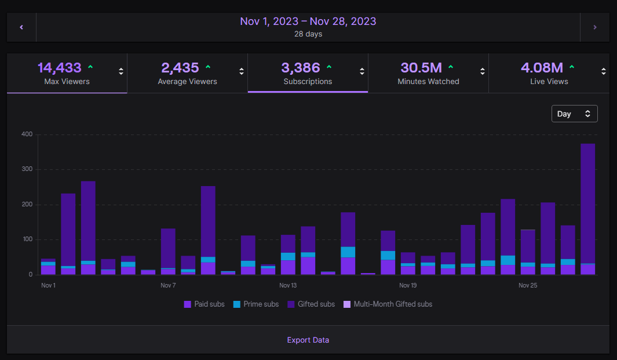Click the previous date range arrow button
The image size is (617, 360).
tap(21, 27)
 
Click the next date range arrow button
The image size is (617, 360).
tap(594, 27)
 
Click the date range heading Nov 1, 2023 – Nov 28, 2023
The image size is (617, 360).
tap(308, 21)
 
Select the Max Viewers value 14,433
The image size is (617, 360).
tap(60, 68)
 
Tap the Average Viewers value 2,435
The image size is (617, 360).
tap(180, 68)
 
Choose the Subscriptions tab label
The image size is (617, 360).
tap(308, 82)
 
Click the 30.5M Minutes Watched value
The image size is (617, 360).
tap(421, 68)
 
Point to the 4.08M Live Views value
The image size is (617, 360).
tap(542, 68)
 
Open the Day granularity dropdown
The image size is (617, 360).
tap(574, 114)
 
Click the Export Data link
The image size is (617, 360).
tap(308, 340)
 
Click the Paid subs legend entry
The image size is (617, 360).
tap(204, 304)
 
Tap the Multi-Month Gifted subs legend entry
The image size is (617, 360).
tap(388, 304)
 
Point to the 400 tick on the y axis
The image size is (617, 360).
tap(27, 134)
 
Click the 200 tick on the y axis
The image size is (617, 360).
tap(27, 205)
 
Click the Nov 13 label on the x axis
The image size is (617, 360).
tap(288, 285)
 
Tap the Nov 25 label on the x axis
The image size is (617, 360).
tap(528, 285)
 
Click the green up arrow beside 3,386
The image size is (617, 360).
tap(329, 67)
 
